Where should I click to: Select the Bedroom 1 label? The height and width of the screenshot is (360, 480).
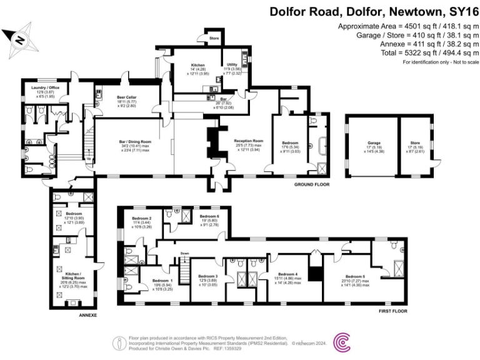click(162, 281)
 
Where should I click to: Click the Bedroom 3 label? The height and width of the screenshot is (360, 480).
click(207, 276)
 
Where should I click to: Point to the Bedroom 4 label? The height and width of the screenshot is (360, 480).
click(287, 274)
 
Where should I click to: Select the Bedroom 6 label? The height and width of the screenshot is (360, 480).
click(209, 216)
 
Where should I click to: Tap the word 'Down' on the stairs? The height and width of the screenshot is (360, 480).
click(184, 253)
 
